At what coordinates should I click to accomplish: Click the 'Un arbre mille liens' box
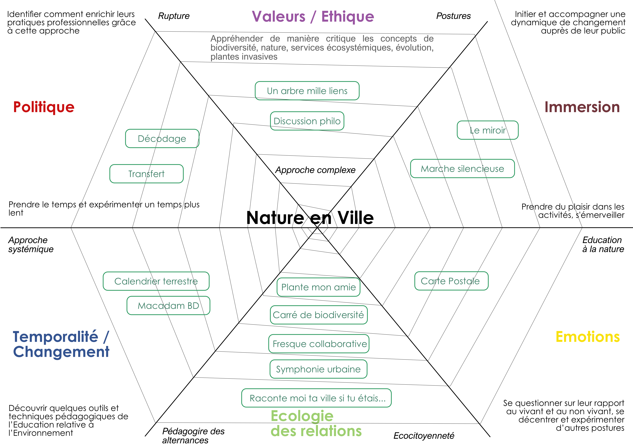[x=307, y=91]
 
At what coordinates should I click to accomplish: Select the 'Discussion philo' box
[x=307, y=121]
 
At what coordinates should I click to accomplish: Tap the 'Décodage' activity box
[x=162, y=138]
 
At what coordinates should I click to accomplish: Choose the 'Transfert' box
[x=146, y=174]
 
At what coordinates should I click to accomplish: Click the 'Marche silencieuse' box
[x=462, y=168]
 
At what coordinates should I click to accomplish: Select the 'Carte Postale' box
[x=451, y=281]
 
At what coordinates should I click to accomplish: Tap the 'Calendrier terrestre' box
[x=156, y=281]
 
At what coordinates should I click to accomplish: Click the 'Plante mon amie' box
[x=318, y=287]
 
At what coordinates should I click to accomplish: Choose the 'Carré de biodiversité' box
[x=318, y=315]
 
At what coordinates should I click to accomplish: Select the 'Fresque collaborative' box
[x=319, y=344]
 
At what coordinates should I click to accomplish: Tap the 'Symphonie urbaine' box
[x=318, y=369]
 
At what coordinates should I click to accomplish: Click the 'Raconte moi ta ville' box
[x=316, y=398]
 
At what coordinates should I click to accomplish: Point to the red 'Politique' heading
[x=44, y=107]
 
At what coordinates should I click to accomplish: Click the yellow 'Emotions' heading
[x=588, y=337]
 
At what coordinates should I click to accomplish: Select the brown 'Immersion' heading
[x=582, y=107]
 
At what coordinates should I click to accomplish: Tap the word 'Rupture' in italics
[x=174, y=16]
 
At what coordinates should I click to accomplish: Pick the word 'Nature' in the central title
[x=275, y=218]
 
